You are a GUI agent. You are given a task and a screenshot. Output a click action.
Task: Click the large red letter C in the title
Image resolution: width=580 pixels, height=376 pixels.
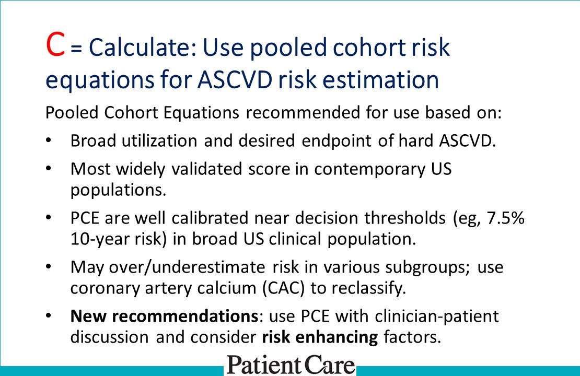click(55, 46)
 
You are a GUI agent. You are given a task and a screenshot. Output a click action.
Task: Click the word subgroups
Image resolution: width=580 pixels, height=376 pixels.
click(415, 267)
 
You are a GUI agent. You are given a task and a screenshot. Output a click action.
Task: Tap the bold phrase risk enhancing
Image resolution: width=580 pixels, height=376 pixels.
click(319, 337)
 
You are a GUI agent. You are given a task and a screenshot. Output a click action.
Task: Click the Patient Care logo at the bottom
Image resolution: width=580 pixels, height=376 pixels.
click(291, 365)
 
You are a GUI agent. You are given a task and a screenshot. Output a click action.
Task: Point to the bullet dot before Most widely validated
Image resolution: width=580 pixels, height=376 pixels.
click(49, 170)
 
